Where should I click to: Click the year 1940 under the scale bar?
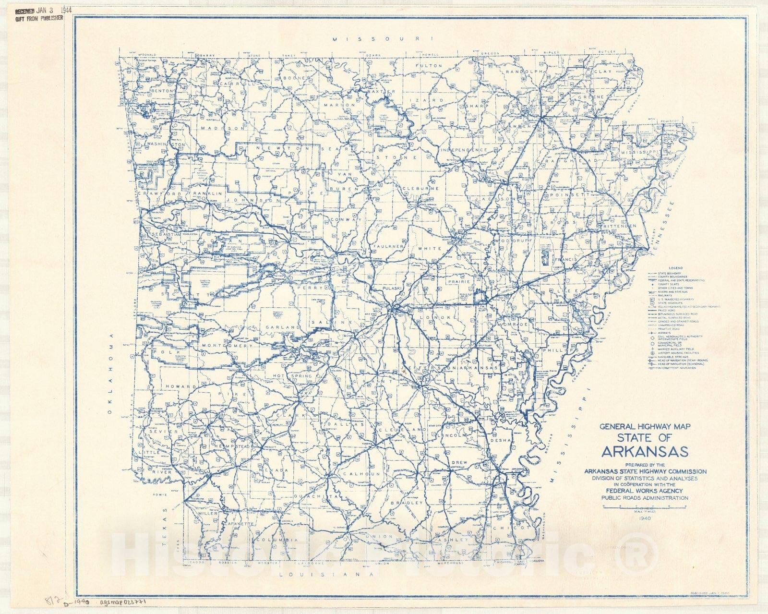tap(645, 518)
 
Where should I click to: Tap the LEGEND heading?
tap(675, 267)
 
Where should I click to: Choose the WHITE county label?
tap(425, 249)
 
